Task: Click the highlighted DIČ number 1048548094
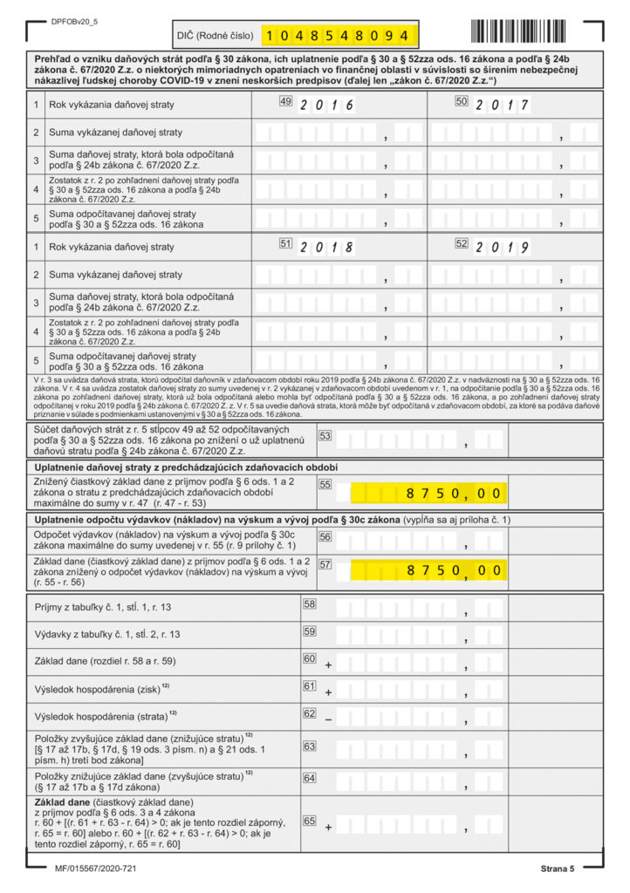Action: click(337, 36)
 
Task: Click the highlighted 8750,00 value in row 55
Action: click(454, 494)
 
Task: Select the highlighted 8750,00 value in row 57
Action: click(454, 571)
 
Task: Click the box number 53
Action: click(325, 435)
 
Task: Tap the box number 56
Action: click(325, 536)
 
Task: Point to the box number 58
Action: click(310, 603)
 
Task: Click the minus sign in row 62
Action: click(329, 720)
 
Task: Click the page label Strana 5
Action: click(557, 869)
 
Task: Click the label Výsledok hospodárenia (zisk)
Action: click(99, 690)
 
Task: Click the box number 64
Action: click(310, 777)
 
